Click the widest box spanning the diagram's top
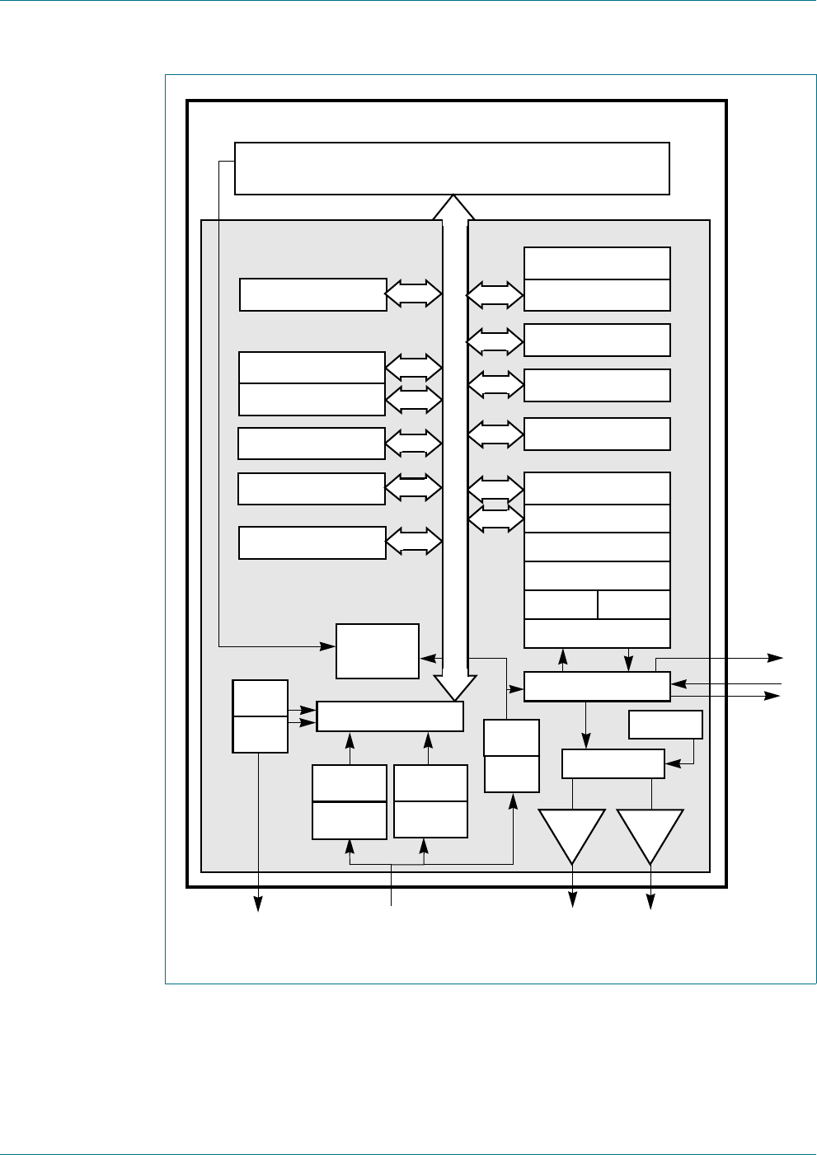452,168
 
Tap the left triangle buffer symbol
572,831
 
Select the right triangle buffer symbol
650,831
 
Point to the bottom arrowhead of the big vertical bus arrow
454,688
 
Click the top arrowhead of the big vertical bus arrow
453,206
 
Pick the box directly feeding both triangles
613,763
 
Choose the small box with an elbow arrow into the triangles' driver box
665,725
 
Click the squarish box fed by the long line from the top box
378,650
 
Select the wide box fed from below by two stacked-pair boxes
390,716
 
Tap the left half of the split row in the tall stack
561,604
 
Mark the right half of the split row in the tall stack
634,604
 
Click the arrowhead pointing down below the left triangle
572,904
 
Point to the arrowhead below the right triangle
650,904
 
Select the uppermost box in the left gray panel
313,294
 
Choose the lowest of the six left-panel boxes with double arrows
312,542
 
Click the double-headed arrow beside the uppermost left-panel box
414,293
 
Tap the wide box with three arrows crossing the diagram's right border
597,686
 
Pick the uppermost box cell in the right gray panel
597,263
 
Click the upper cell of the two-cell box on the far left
261,697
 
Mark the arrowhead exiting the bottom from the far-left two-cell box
260,904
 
